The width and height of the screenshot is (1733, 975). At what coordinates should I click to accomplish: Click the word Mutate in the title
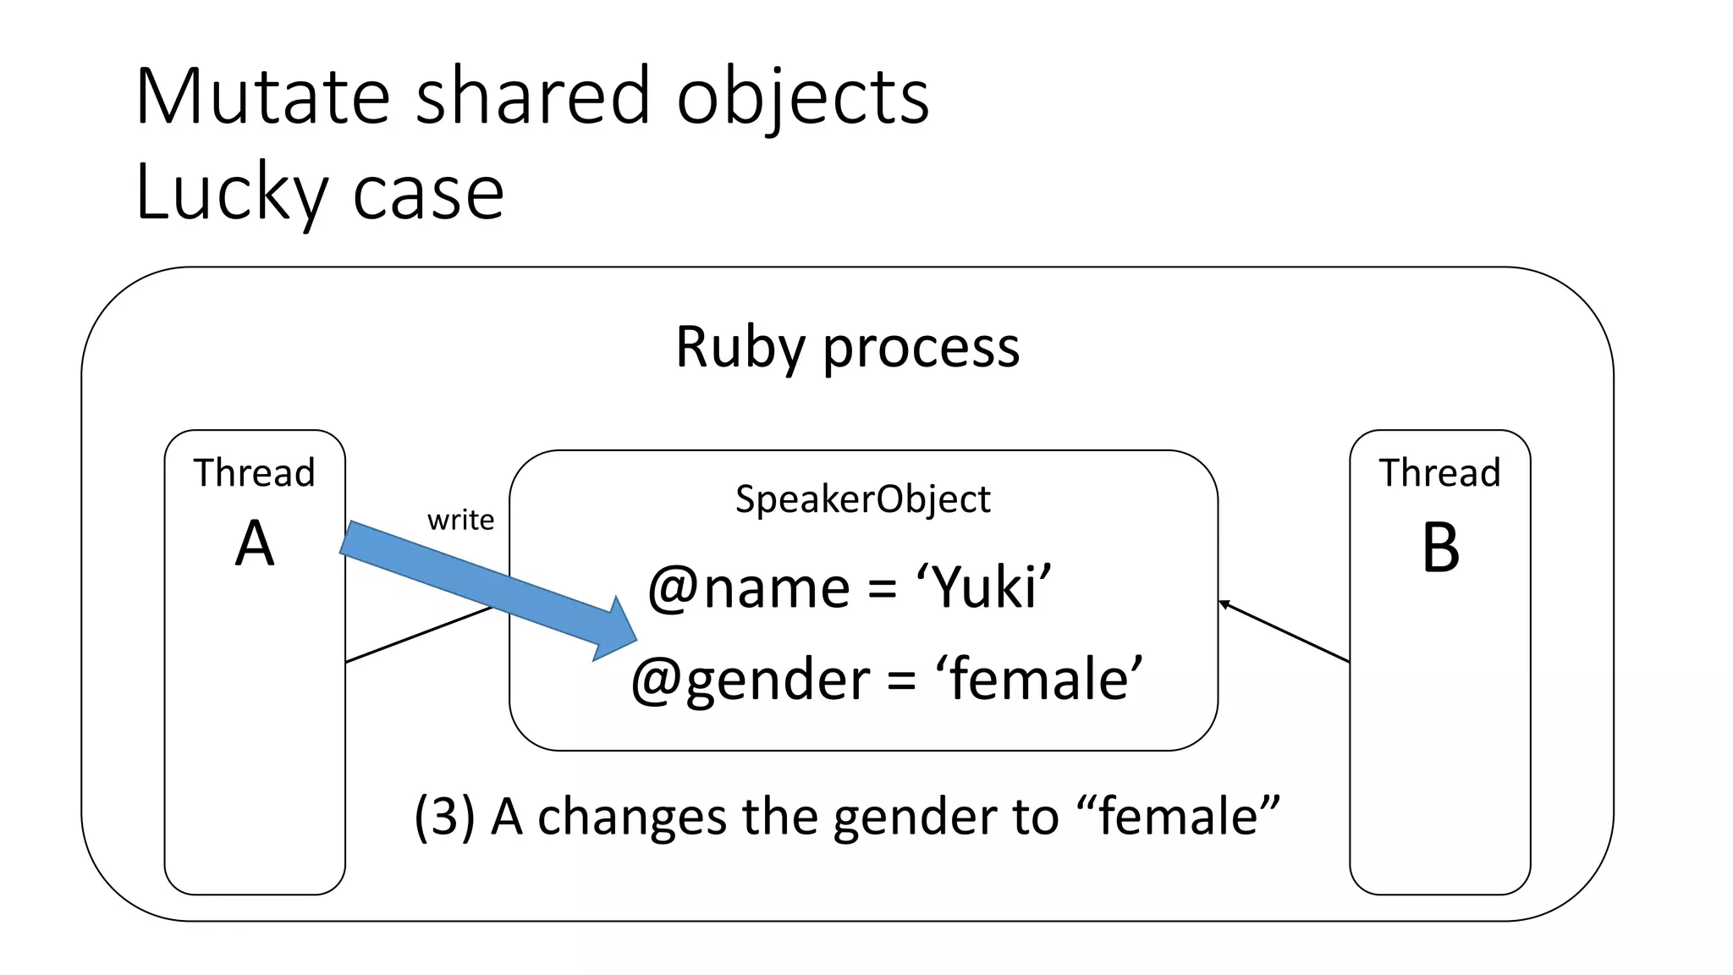click(x=262, y=97)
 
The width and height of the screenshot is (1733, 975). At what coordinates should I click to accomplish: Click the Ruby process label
click(x=847, y=347)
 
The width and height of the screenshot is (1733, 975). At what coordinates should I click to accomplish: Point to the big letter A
click(x=255, y=544)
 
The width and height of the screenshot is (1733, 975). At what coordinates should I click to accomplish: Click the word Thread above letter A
click(x=254, y=472)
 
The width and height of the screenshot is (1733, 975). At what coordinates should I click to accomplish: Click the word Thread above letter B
click(x=1439, y=472)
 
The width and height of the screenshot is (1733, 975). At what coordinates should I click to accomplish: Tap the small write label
click(x=460, y=520)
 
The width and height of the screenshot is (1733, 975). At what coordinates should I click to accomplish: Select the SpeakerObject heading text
click(x=862, y=499)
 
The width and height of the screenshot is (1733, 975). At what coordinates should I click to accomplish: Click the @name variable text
click(x=749, y=587)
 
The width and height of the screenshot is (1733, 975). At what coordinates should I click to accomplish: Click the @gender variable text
click(x=750, y=680)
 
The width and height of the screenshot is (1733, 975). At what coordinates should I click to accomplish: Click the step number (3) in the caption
click(x=443, y=817)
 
